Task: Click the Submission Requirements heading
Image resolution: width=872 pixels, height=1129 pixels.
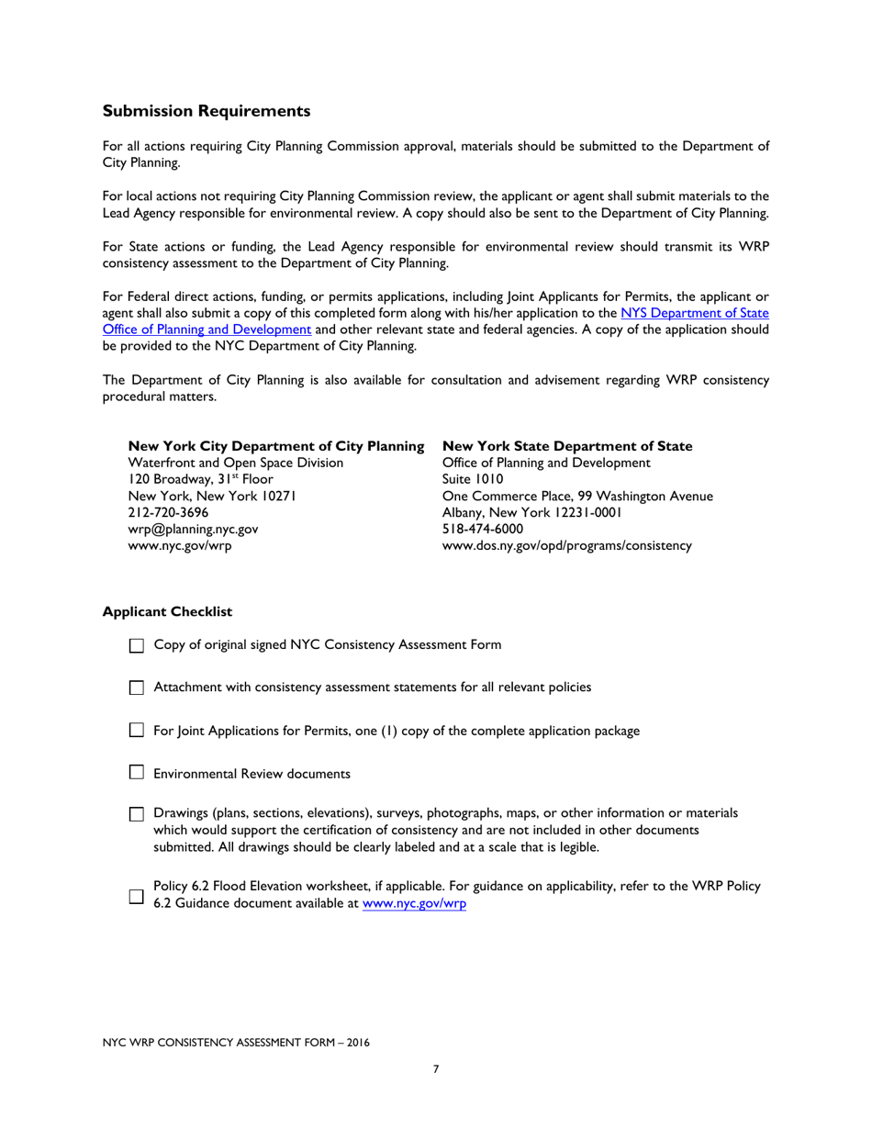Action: click(x=206, y=111)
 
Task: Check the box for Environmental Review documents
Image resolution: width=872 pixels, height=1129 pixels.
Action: click(x=137, y=774)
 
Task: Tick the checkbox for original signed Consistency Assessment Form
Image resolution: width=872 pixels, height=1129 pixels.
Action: click(x=137, y=645)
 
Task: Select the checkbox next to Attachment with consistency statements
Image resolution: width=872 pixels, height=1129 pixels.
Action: click(x=137, y=687)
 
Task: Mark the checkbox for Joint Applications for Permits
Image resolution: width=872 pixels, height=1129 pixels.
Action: click(x=137, y=731)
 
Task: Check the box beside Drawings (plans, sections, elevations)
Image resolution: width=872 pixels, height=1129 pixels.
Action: click(x=137, y=814)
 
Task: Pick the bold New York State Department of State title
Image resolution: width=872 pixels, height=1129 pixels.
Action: click(x=567, y=446)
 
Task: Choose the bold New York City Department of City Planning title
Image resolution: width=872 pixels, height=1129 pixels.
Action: click(x=275, y=446)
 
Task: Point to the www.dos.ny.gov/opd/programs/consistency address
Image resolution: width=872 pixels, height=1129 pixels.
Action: click(x=567, y=545)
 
